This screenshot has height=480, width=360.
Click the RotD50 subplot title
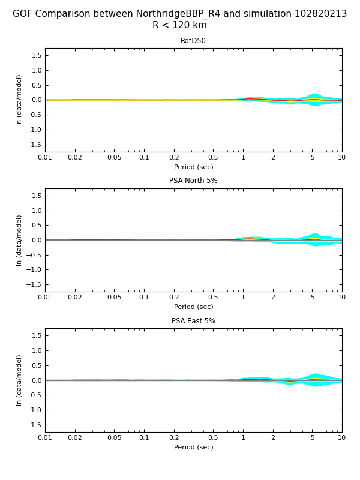pos(193,41)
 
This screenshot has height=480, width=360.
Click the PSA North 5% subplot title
pos(193,181)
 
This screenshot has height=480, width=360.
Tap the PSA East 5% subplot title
pos(193,321)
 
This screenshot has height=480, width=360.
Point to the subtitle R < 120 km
pos(179,25)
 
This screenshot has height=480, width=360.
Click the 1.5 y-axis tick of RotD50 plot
pos(36,55)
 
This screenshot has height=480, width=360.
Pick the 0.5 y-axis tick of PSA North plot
pos(36,225)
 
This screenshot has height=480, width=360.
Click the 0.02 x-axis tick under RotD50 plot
pos(75,157)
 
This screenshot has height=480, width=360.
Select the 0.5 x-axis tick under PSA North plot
pos(213,298)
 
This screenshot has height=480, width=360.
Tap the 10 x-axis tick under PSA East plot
pos(341,437)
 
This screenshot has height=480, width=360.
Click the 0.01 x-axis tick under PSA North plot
pos(45,298)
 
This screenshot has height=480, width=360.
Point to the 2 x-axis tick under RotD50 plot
pos(273,157)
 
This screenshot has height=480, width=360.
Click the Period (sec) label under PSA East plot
pos(193,447)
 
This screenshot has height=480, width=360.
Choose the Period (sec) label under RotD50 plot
pos(193,167)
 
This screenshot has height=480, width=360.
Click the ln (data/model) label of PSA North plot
pos(19,240)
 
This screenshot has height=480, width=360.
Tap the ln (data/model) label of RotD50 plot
pos(19,100)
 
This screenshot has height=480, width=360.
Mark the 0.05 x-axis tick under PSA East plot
pos(114,437)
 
